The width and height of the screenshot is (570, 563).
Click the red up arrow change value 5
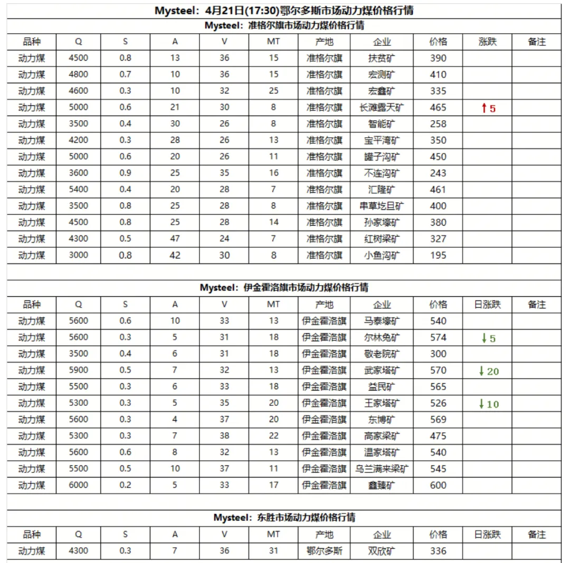click(488, 108)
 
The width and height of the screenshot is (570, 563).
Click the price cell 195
click(438, 255)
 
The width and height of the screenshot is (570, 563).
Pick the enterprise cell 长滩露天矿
click(382, 108)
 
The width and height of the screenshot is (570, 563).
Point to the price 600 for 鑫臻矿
click(438, 486)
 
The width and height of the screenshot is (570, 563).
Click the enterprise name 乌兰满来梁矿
click(382, 469)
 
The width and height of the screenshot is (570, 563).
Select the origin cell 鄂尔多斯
click(324, 551)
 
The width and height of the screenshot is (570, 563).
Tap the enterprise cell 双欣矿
click(382, 551)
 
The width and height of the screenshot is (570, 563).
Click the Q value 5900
click(79, 370)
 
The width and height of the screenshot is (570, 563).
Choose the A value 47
click(175, 239)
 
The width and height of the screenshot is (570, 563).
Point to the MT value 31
click(273, 551)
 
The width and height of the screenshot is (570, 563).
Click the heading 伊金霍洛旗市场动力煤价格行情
click(284, 288)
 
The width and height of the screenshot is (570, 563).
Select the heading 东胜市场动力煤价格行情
click(284, 518)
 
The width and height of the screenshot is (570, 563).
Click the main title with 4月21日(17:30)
click(284, 11)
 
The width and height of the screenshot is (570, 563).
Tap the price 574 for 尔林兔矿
click(438, 337)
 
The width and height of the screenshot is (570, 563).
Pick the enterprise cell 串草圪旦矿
click(382, 206)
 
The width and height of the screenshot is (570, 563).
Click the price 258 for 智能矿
click(438, 124)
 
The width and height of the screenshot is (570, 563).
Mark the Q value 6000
click(79, 486)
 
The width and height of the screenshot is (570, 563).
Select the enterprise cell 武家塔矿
click(382, 370)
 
